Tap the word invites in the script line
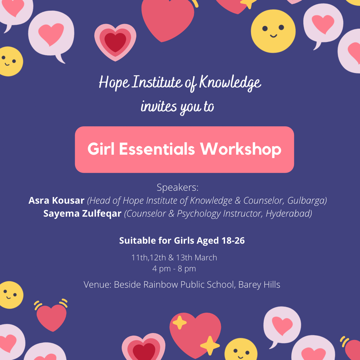[159, 106]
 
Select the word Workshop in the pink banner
[241, 149]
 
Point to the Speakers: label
[177, 187]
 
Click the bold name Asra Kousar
[56, 200]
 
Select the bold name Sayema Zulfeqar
[82, 214]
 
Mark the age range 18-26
[233, 241]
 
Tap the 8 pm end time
[187, 269]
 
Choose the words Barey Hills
[259, 285]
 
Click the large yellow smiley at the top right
[273, 31]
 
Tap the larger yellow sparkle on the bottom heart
[210, 345]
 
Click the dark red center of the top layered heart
[115, 42]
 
